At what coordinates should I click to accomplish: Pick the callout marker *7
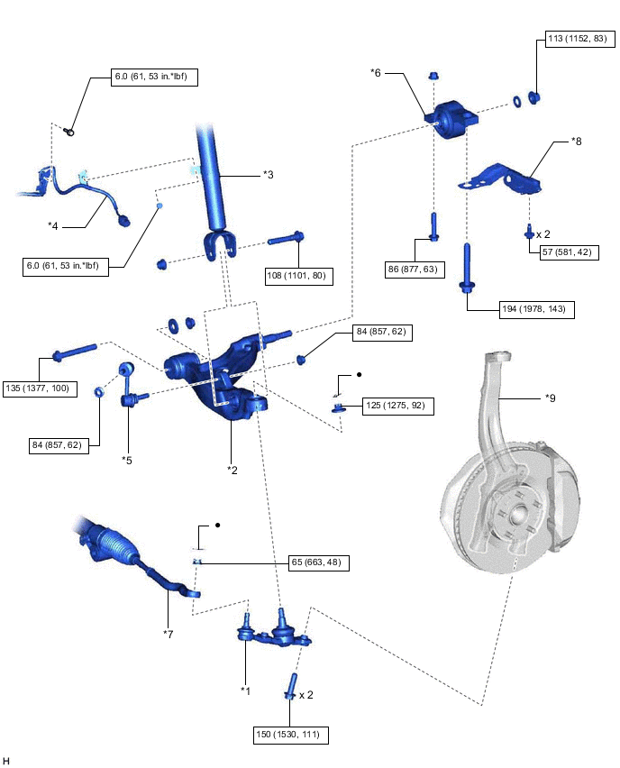coord(169,634)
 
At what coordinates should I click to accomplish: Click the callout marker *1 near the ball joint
coord(245,690)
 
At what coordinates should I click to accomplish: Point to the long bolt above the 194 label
coord(467,266)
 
